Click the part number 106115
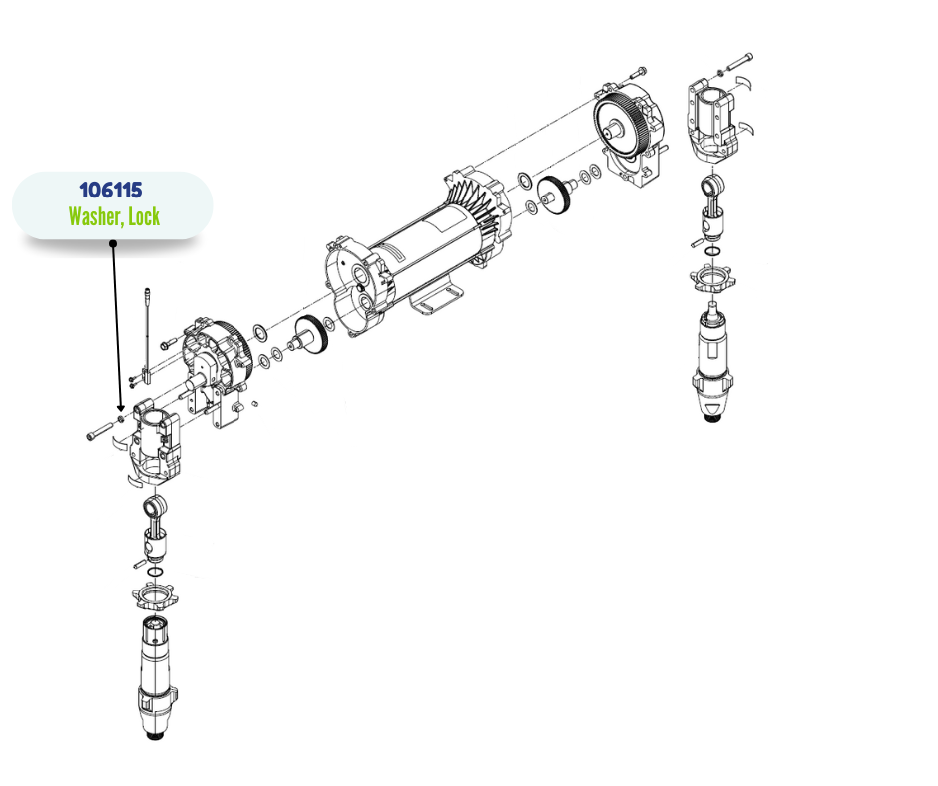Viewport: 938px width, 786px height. (x=111, y=191)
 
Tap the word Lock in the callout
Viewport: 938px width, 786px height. (x=144, y=216)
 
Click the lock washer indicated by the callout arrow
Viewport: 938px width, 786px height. (x=121, y=418)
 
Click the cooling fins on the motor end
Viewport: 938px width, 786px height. (x=476, y=204)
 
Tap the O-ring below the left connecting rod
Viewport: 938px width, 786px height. (x=155, y=572)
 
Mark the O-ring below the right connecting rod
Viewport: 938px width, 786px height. (x=713, y=250)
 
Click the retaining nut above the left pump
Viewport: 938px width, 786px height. (x=155, y=596)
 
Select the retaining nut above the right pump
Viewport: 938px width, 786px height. (x=712, y=278)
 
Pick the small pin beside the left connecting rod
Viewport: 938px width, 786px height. (x=139, y=563)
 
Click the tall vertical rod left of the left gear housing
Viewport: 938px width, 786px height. (x=147, y=338)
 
